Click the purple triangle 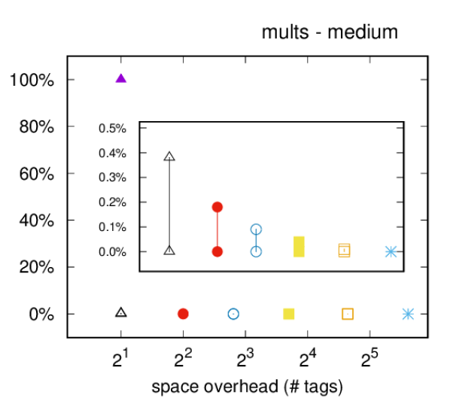point(121,78)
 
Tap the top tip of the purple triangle point(121,73)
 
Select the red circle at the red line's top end point(217,207)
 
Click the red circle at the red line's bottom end point(217,251)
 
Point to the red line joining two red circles point(217,229)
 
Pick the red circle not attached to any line point(183,314)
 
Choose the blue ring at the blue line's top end point(256,229)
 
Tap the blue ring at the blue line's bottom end point(256,251)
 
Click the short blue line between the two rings point(256,241)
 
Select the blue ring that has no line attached point(233,314)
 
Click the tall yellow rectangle point(299,247)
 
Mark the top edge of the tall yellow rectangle point(299,236)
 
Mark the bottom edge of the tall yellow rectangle point(299,257)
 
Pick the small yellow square point(289,314)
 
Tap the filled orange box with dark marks point(344,250)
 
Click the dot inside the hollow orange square point(348,314)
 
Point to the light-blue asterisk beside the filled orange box point(391,251)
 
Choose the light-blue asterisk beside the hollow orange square point(408,314)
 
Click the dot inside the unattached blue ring point(233,314)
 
